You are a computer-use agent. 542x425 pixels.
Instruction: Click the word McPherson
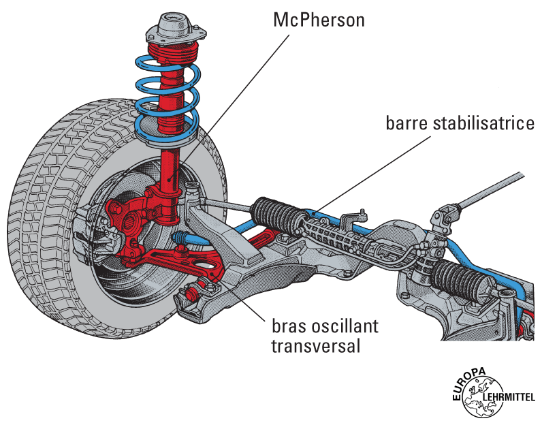[x=319, y=19]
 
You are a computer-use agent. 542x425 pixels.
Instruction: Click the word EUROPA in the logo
[x=467, y=382]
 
